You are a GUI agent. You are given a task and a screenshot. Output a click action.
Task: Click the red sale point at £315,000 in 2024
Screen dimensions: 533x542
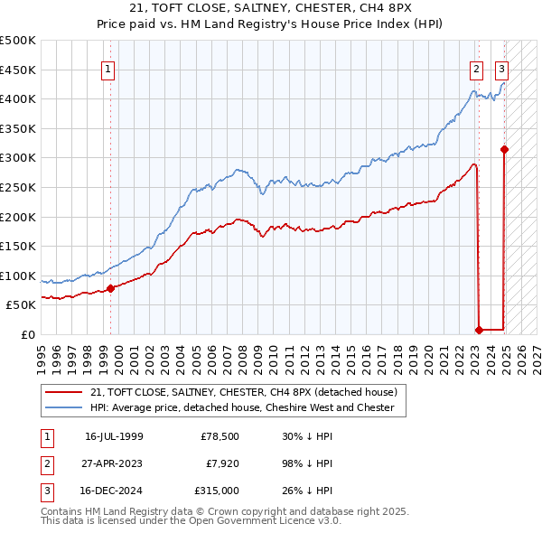point(504,149)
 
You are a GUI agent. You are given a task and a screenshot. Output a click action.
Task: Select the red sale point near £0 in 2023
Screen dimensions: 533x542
point(479,330)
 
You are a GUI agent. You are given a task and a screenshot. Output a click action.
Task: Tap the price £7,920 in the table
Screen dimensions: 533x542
point(221,463)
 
